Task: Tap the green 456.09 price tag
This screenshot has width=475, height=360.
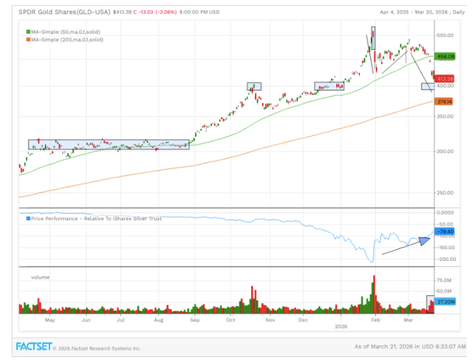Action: tap(445, 56)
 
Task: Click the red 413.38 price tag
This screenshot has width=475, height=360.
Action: tap(445, 78)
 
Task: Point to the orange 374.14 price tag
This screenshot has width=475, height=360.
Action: tap(445, 101)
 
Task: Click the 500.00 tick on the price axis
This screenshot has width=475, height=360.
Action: tap(446, 35)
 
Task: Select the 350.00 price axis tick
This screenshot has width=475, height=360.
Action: tap(446, 118)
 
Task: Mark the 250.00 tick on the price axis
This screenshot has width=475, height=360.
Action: tap(446, 193)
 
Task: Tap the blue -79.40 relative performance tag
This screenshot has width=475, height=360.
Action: tap(446, 232)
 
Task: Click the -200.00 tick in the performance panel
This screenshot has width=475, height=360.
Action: tap(446, 259)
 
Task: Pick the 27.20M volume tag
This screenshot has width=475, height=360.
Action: tap(446, 301)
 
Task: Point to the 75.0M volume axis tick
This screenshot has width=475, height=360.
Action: tap(445, 280)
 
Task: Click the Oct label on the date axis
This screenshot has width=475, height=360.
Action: tap(231, 320)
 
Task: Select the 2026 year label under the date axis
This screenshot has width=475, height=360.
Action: tap(340, 325)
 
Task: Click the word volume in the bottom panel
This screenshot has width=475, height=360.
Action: tap(40, 277)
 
